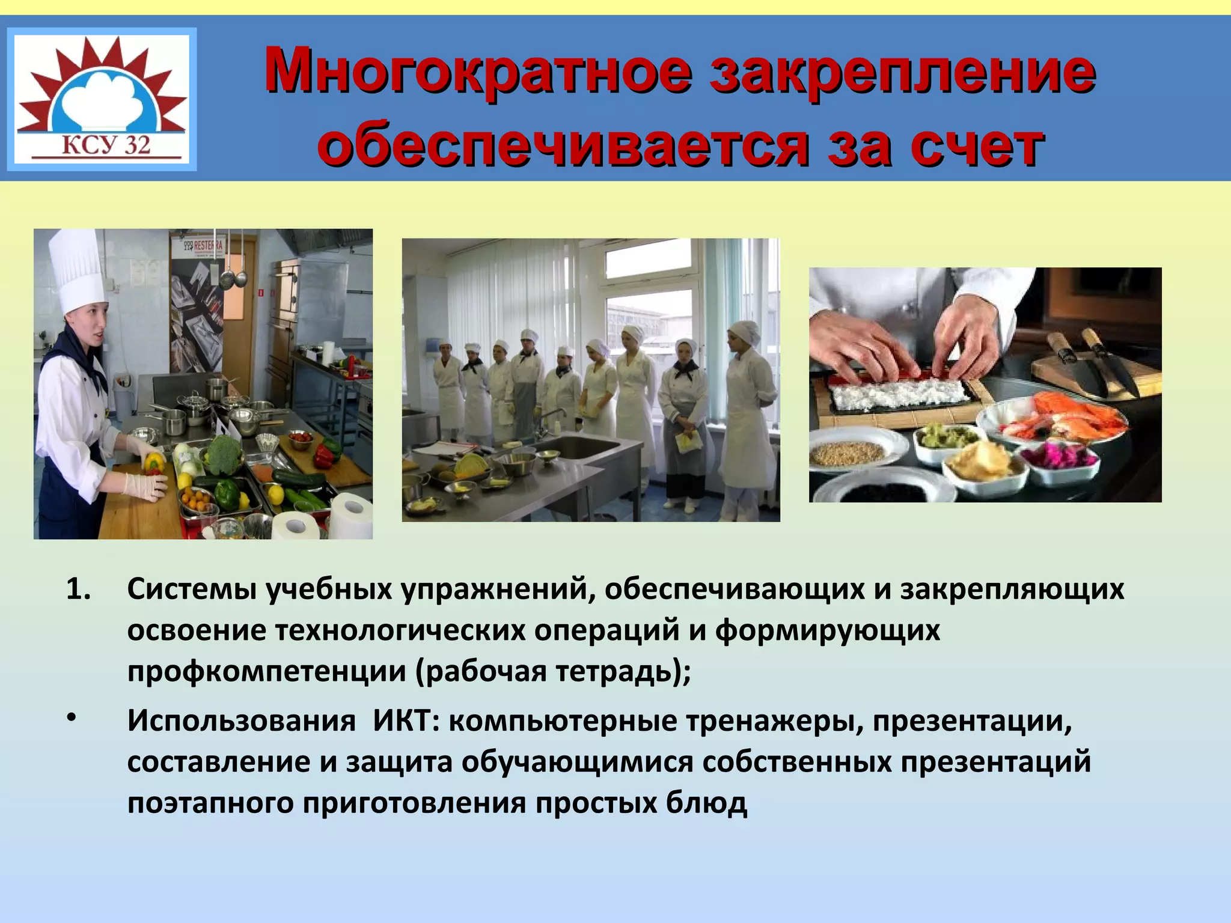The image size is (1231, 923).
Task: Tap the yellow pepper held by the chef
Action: coord(154,463)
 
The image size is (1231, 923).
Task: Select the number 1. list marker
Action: coord(79,590)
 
